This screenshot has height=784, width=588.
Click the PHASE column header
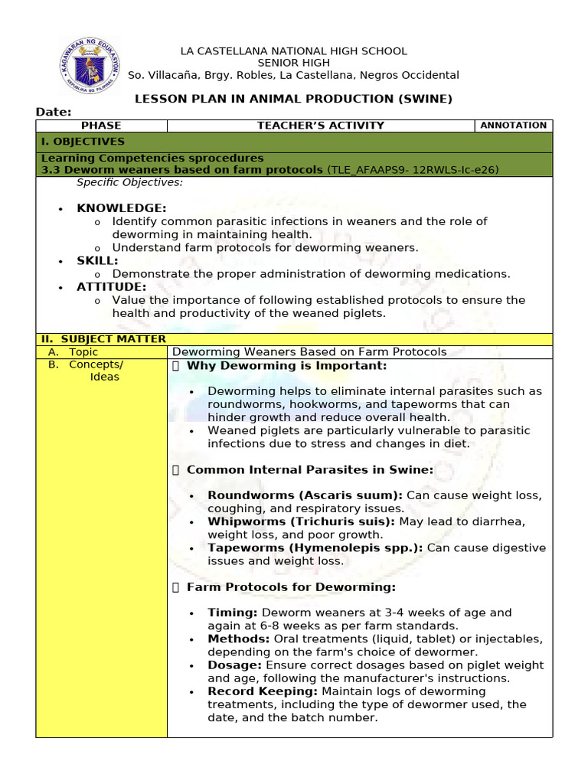pos(101,126)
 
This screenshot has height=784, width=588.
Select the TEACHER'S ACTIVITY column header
pos(320,126)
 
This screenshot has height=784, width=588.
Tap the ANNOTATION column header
pos(513,126)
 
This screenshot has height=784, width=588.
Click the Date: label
pos(54,113)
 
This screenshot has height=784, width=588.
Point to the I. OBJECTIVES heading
pos(83,142)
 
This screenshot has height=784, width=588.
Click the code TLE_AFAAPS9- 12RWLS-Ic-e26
pos(413,170)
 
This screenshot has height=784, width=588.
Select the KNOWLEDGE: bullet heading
pos(121,208)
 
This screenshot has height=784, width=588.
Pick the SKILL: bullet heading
pos(97,261)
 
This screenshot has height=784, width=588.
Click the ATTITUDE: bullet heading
pos(111,287)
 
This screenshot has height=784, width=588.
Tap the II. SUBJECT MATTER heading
pos(103,339)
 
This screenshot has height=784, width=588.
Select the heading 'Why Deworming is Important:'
pos(286,366)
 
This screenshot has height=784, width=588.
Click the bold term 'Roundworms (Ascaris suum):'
pos(305,495)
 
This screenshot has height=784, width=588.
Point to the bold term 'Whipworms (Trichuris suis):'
pos(301,521)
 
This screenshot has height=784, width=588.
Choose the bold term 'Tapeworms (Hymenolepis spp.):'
pos(315,548)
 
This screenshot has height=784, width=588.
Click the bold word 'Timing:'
pos(233,612)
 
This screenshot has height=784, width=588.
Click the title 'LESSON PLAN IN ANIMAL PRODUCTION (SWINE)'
pos(293,99)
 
